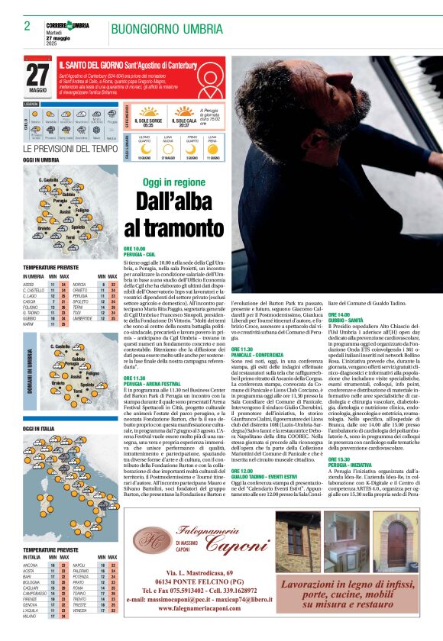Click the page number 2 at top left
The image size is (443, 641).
pyautogui.click(x=27, y=26)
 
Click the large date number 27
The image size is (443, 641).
pyautogui.click(x=37, y=75)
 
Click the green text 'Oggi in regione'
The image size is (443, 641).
pyautogui.click(x=174, y=182)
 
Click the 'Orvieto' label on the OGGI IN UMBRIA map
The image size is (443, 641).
pyautogui.click(x=44, y=227)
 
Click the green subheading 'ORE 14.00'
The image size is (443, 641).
pyautogui.click(x=339, y=314)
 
